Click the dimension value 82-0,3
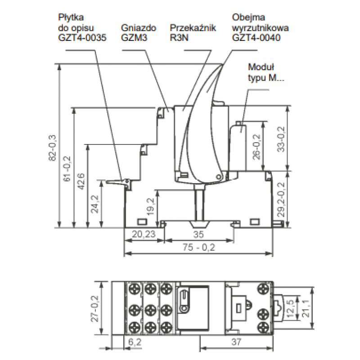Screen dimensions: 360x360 pos(53,148)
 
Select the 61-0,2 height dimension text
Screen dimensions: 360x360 pos(67,169)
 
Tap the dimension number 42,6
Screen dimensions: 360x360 pos(81,181)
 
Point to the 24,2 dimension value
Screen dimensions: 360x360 pos(95,204)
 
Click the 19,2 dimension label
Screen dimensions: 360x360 pos(151,207)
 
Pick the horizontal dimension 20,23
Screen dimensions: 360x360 pos(144,234)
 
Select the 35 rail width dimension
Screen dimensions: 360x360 pos(198,234)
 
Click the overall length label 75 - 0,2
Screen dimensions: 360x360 pos(199,247)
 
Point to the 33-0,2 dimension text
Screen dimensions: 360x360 pos(281,139)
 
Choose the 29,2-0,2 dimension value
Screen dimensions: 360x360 pos(281,199)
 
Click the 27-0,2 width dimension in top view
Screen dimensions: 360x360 pos(95,309)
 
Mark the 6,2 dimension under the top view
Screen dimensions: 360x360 pos(135,342)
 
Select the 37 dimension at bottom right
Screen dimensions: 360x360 pos(237,342)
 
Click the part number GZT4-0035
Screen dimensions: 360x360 pos(82,38)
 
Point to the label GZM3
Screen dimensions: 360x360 pos(134,38)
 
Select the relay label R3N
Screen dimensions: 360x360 pos(179,38)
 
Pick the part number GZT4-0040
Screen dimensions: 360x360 pos(256,38)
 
